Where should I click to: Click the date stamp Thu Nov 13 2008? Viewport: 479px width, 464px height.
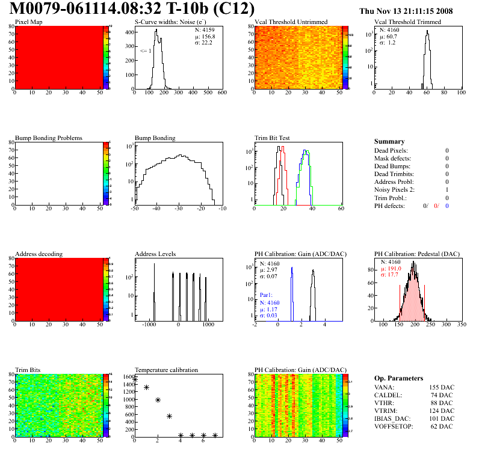(x=414, y=11)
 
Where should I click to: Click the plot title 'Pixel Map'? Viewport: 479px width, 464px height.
(x=29, y=22)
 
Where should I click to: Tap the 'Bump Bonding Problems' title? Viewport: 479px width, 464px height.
(x=49, y=138)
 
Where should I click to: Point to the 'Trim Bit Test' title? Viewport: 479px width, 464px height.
(x=273, y=138)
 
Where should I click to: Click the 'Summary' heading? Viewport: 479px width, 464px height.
(x=389, y=142)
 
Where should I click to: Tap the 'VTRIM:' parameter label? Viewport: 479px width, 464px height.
(x=386, y=411)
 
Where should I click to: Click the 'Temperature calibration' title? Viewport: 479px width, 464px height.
(x=167, y=370)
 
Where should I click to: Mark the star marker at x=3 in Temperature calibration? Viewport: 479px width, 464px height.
(x=170, y=416)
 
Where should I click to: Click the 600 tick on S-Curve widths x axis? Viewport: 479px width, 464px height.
(x=221, y=93)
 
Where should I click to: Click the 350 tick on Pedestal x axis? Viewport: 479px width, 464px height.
(x=462, y=325)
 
